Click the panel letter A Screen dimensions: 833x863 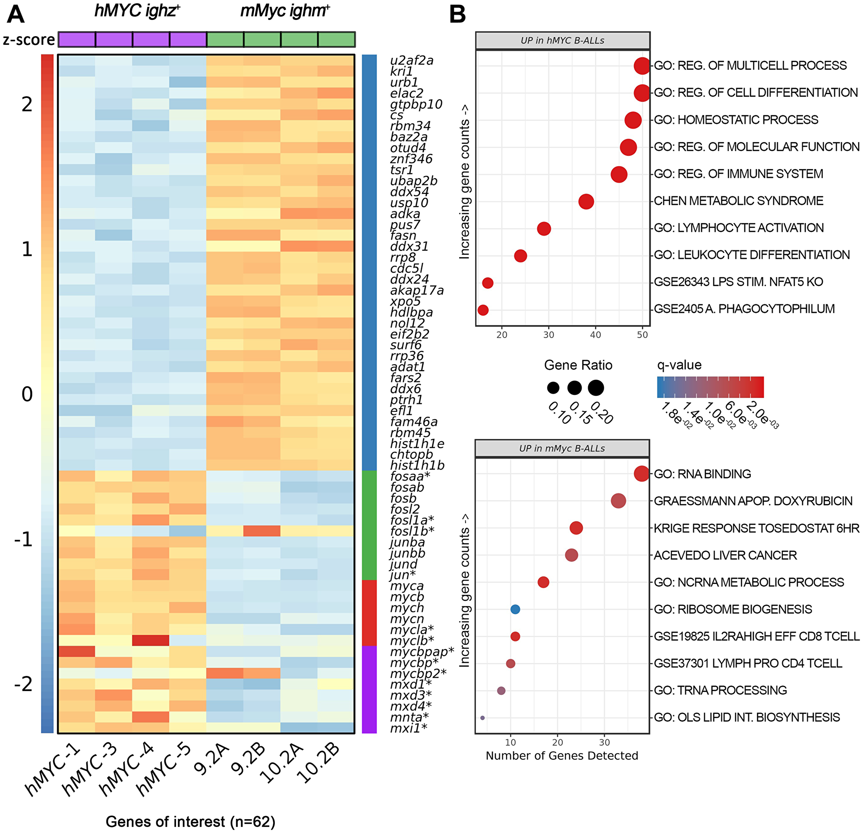16,15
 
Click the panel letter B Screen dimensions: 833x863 457,15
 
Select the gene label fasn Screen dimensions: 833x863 403,235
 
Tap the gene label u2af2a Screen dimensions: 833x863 412,60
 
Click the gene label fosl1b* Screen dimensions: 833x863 412,531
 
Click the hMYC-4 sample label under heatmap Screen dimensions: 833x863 126,769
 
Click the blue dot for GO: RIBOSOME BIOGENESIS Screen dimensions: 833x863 515,609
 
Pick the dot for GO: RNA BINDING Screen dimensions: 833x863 642,473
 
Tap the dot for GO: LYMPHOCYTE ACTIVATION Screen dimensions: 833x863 544,229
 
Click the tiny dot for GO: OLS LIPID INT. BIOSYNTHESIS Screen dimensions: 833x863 482,718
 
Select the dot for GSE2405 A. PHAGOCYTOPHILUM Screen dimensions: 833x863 483,309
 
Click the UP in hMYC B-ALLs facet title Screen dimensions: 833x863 562,41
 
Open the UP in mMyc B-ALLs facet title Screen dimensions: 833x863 562,448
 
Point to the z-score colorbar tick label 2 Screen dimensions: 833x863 27,105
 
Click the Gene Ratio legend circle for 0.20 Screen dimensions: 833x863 596,388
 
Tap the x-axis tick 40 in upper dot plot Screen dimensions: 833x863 595,335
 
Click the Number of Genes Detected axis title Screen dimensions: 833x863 562,756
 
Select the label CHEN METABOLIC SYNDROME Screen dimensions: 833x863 738,201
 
